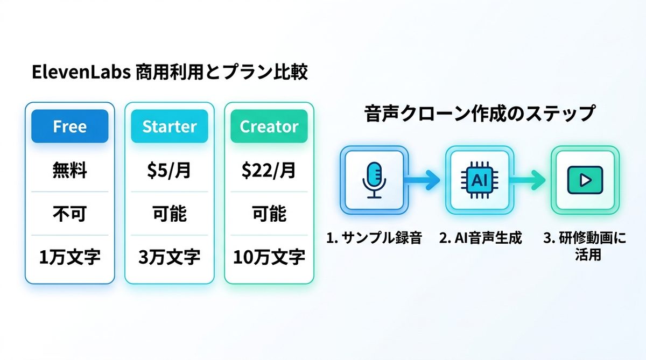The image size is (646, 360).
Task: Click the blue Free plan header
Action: (x=70, y=126)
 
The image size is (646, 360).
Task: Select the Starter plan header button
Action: (x=170, y=126)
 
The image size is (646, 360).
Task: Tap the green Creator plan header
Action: (x=269, y=126)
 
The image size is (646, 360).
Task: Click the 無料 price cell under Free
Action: (x=70, y=172)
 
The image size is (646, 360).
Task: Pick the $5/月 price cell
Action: (x=170, y=172)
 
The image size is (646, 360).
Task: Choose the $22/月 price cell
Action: (x=269, y=172)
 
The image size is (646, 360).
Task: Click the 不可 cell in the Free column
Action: (x=70, y=214)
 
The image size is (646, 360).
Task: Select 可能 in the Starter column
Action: (x=170, y=214)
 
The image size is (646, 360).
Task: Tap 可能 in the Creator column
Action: (x=269, y=214)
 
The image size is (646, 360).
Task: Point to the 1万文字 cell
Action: (x=70, y=257)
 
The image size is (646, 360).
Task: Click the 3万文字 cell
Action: (x=170, y=257)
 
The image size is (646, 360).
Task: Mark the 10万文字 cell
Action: (x=269, y=257)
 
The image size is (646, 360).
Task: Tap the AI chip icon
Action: (x=478, y=180)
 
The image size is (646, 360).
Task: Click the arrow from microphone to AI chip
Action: (x=425, y=180)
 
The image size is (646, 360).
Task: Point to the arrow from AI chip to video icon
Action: (x=530, y=180)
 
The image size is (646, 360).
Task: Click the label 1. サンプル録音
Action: (x=375, y=238)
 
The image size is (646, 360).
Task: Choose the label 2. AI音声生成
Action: (x=481, y=238)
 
